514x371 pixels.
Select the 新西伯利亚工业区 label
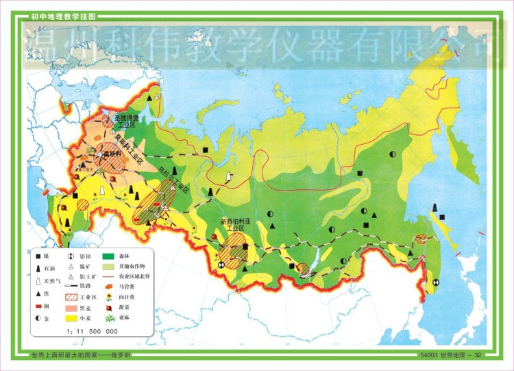(x=236, y=225)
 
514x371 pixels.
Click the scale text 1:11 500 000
(x=93, y=331)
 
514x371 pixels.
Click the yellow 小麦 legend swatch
(x=71, y=318)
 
